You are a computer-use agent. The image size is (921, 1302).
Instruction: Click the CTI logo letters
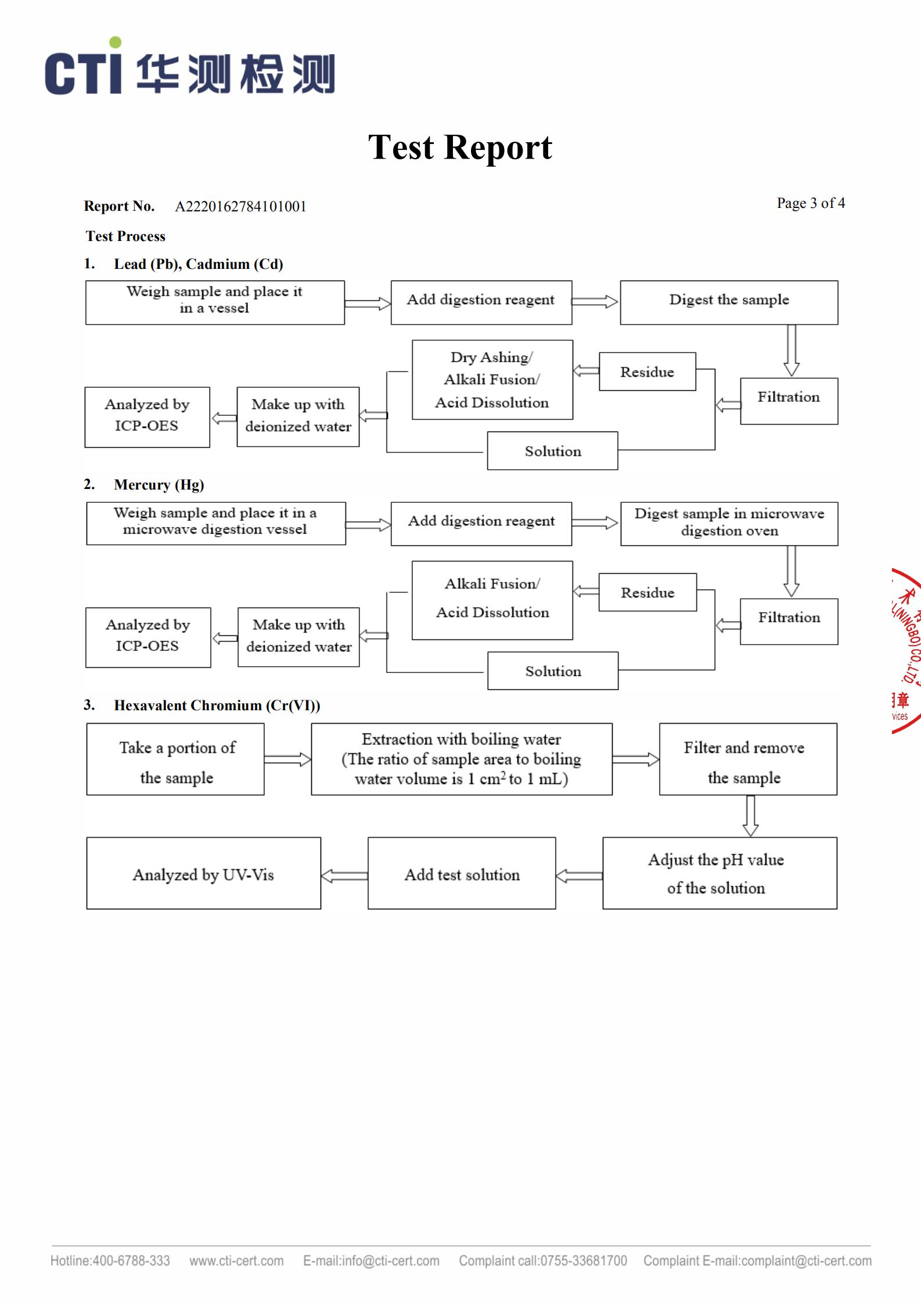point(84,73)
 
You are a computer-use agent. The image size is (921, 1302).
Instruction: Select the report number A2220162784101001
point(240,207)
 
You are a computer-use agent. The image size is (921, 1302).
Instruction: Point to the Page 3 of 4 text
point(811,203)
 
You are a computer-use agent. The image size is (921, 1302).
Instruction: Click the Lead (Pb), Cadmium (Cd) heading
point(198,264)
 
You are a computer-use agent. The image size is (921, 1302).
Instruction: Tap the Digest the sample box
point(729,302)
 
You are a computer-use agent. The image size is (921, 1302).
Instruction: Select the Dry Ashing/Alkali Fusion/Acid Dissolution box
point(492,380)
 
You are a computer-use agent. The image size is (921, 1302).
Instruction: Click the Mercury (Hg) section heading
point(159,485)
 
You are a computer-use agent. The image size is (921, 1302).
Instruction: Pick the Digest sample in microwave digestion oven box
point(729,523)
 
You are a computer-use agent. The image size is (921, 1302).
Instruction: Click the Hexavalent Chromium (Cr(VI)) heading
point(217,706)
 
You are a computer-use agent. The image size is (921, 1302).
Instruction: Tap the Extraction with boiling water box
point(462,759)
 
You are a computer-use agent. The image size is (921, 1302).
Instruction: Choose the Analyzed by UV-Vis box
point(203,873)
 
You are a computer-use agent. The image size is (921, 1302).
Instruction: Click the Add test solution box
point(462,873)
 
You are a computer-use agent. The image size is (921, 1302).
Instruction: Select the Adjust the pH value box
point(719,873)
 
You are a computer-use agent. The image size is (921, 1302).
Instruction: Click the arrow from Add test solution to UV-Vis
point(344,876)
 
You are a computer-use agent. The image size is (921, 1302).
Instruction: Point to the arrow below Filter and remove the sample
point(750,816)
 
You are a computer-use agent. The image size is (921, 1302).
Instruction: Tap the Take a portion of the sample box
point(175,759)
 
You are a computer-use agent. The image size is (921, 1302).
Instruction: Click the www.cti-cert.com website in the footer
point(236,1261)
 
